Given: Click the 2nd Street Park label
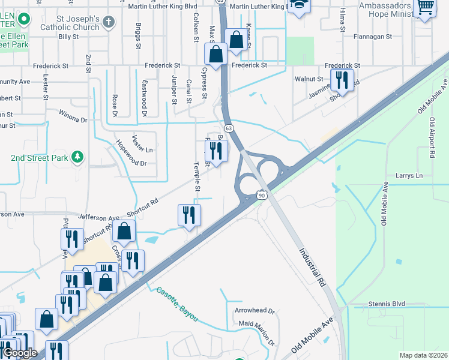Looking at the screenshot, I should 37,158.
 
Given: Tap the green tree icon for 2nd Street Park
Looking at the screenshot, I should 77,158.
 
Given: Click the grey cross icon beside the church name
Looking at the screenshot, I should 109,22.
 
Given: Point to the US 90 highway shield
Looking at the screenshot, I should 262,195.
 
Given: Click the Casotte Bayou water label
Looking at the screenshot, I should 177,304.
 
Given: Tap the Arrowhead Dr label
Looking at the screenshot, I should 254,311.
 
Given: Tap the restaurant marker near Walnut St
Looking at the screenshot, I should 342,79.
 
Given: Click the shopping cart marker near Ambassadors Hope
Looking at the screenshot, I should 425,7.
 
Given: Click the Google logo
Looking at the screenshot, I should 19,353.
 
